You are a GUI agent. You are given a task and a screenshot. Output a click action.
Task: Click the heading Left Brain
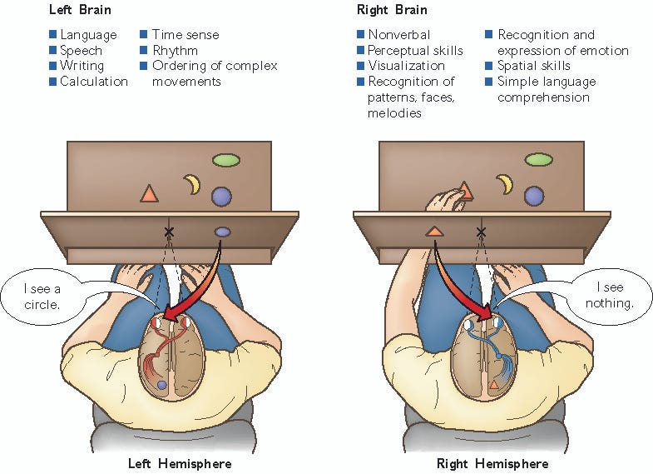coord(77,12)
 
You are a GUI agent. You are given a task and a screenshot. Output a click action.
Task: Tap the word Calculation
coord(94,82)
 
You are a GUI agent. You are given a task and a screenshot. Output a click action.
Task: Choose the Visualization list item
coord(406,66)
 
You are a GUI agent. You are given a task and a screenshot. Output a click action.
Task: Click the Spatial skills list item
coord(533,66)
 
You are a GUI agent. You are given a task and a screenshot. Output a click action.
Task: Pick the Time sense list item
coord(185,34)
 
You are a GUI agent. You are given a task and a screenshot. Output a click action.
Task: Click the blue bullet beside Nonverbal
coord(360,34)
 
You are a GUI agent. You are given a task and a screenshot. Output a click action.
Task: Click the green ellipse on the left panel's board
coord(225,159)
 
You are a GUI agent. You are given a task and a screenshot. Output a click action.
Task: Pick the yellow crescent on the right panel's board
coord(504,184)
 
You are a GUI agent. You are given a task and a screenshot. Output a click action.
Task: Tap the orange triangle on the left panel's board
coord(149,194)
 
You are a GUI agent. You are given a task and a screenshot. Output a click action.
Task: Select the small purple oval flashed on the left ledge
coord(222,232)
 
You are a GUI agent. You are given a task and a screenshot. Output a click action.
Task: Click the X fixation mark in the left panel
coord(169,231)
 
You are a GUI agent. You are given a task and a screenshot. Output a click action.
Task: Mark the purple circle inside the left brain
coord(162,386)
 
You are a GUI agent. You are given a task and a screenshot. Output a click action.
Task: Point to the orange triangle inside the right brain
coord(494,385)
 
